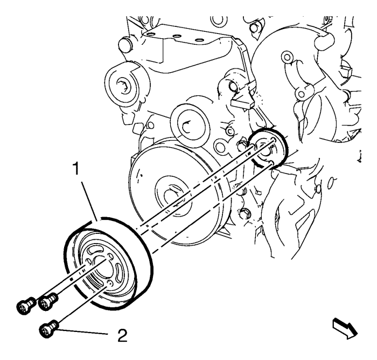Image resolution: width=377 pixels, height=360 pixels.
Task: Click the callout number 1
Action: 76,169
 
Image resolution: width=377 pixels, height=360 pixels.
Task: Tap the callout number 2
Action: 122,336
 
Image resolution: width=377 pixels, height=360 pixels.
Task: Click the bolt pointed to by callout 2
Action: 48,329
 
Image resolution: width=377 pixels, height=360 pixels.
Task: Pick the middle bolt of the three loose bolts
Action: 48,301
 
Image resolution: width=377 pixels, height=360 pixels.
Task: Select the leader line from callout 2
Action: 82,331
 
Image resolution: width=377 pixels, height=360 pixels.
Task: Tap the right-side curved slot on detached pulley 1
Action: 119,271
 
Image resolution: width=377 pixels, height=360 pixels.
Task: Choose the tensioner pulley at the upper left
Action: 122,85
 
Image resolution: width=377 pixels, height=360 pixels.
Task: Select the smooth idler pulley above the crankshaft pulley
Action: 190,125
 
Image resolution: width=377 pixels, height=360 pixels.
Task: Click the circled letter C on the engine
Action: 230,131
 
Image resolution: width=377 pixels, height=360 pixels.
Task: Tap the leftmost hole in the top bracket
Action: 150,34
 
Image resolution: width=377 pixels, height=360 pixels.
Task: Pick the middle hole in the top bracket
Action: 178,37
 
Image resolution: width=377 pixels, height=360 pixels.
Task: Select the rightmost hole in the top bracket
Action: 198,40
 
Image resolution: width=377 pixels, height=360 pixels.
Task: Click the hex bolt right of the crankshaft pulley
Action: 245,213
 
